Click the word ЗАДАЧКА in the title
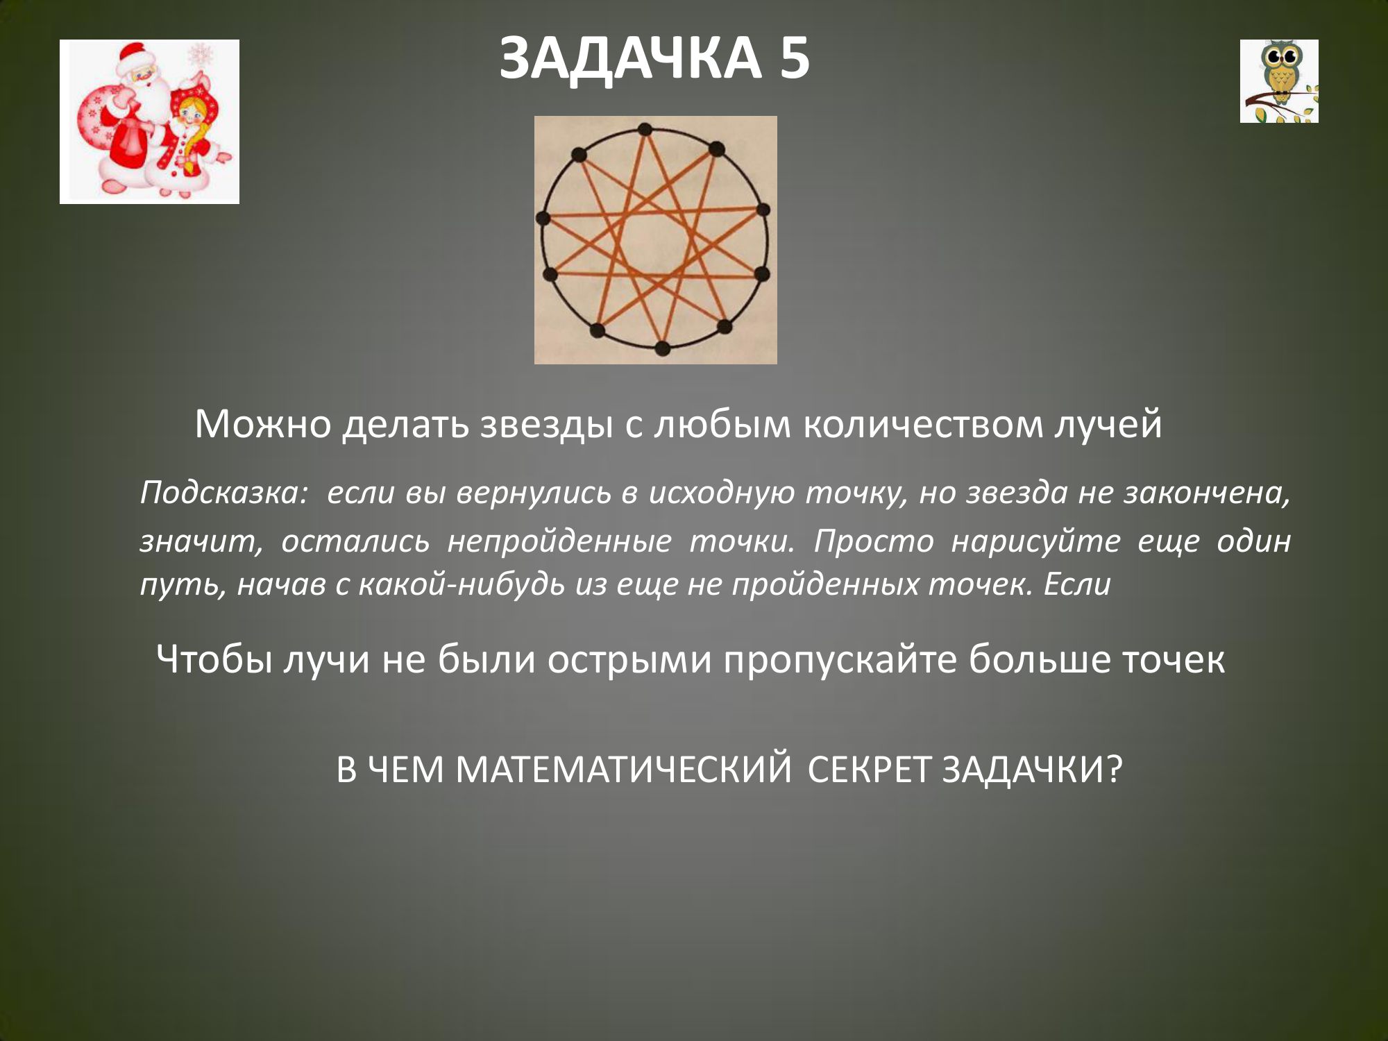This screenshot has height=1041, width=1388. click(x=630, y=59)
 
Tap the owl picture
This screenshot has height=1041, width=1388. click(x=1279, y=81)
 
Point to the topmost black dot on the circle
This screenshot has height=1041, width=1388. click(x=645, y=129)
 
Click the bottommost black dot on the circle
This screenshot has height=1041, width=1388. click(x=662, y=348)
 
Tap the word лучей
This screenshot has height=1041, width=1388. click(x=1108, y=424)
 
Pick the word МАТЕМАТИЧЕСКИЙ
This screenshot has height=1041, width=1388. click(x=623, y=769)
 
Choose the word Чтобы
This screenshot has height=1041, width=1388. click(x=214, y=659)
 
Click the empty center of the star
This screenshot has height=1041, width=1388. click(x=656, y=239)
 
